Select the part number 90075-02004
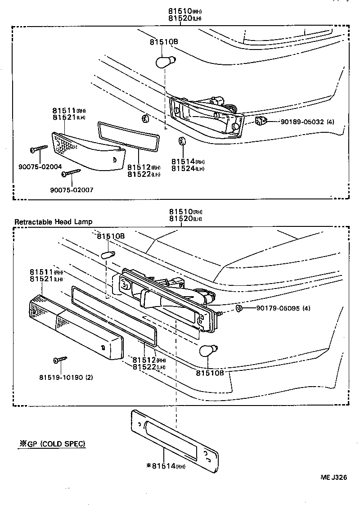[x=40, y=167]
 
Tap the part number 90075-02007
[x=72, y=189]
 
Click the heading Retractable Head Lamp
[x=53, y=221]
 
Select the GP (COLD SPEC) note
[x=51, y=444]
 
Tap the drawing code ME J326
[x=333, y=478]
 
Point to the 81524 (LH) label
[x=188, y=168]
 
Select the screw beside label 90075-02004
[x=39, y=149]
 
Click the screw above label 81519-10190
[x=59, y=360]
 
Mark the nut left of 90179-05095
[x=239, y=308]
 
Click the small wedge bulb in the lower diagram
[x=108, y=255]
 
